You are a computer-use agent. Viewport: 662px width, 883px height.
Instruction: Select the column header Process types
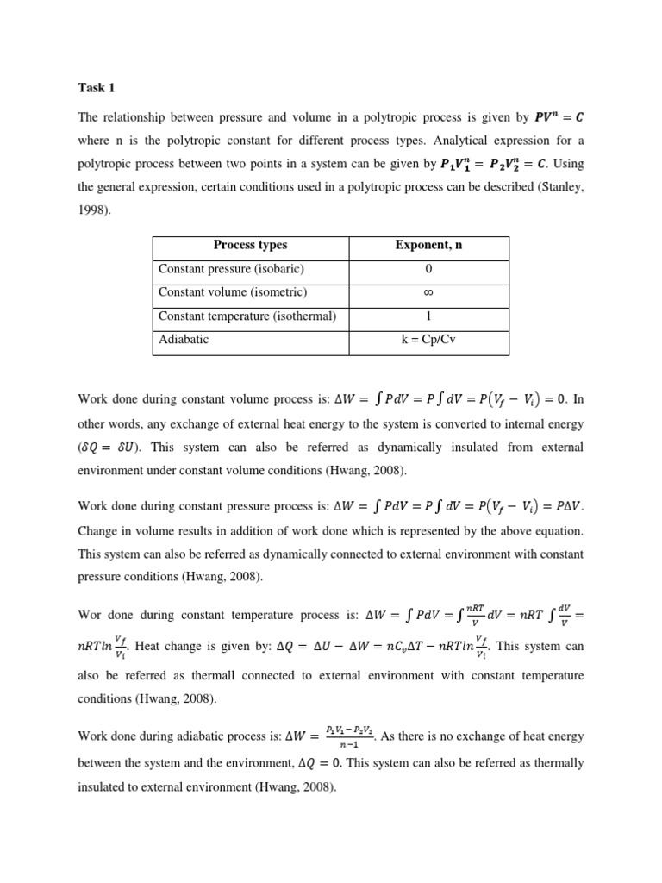(250, 246)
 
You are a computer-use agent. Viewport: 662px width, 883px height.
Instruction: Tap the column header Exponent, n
(428, 246)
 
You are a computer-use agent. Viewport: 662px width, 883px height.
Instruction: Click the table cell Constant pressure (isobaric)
(231, 269)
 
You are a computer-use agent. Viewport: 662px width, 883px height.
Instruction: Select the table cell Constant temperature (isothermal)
(247, 316)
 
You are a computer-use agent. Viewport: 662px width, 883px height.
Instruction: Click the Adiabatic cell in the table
(184, 339)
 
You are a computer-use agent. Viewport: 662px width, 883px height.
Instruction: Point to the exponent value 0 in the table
(428, 269)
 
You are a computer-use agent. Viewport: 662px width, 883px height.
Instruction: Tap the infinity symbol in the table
(428, 292)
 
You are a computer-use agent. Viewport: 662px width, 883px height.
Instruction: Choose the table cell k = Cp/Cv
(428, 339)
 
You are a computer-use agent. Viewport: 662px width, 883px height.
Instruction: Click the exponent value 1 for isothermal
(428, 316)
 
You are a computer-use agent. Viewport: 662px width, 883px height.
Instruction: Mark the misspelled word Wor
(91, 615)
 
